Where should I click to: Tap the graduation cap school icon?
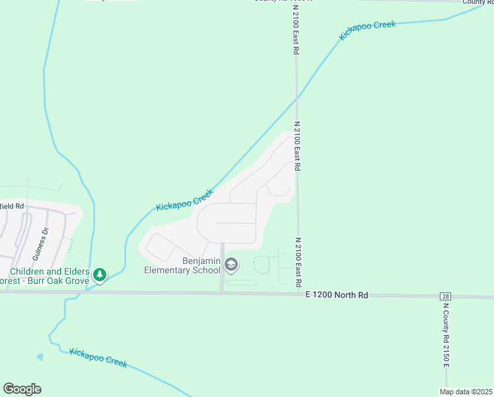[x=231, y=265]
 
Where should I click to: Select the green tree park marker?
[x=100, y=274]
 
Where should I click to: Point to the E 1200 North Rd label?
[x=337, y=295]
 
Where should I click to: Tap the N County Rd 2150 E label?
[x=446, y=337]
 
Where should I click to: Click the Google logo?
[x=22, y=389]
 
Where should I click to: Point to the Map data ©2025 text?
[x=465, y=392]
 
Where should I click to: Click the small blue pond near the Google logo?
[x=40, y=357]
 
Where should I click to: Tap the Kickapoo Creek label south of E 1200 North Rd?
[x=98, y=357]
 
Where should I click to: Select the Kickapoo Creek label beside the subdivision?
[x=185, y=199]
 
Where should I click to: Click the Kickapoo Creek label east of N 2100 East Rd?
[x=367, y=30]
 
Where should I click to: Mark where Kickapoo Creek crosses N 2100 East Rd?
[x=297, y=98]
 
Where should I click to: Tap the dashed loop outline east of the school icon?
[x=262, y=264]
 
